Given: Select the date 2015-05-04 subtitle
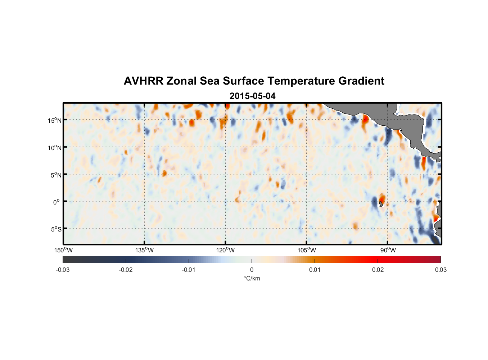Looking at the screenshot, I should click(x=253, y=96).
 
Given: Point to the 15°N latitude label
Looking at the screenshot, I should click(x=55, y=120).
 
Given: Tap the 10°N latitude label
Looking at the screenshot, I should click(x=55, y=148).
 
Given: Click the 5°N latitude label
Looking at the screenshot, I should click(x=56, y=175).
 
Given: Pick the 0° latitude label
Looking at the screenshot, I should click(x=57, y=202).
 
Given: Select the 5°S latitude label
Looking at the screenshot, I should click(x=56, y=229).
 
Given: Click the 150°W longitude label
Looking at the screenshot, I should click(x=64, y=250).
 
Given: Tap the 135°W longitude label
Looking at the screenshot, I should click(x=145, y=250).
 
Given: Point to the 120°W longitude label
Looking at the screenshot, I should click(x=226, y=250).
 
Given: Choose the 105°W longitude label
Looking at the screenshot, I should click(x=307, y=250).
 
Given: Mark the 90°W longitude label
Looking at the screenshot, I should click(x=388, y=250).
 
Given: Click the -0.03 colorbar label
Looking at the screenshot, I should click(x=63, y=270).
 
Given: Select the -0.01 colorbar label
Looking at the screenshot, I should click(x=189, y=270).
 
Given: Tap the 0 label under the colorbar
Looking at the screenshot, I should click(x=252, y=270).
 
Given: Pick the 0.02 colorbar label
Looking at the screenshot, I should click(x=378, y=270).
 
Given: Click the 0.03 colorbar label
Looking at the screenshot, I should click(x=440, y=270).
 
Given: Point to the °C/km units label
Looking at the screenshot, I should click(x=252, y=278).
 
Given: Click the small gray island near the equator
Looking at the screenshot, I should click(x=381, y=204).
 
